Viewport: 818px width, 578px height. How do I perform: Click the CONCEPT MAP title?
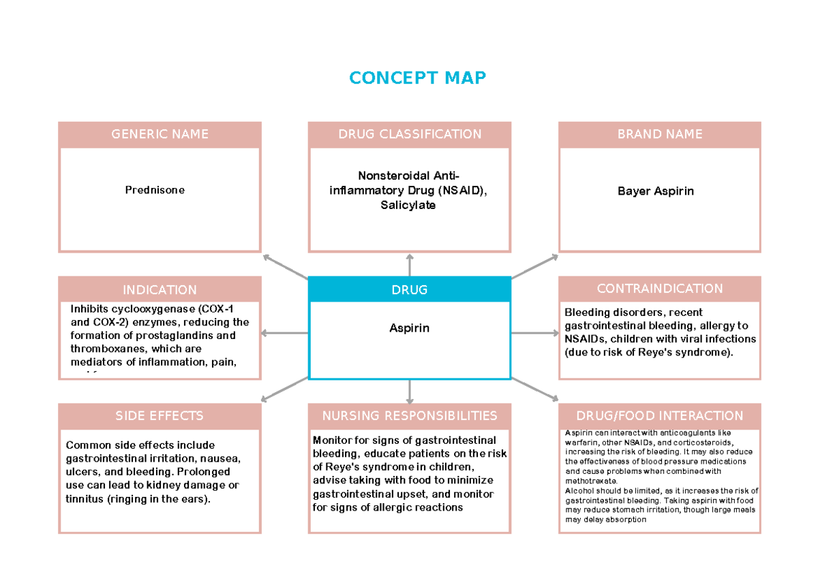coord(417,78)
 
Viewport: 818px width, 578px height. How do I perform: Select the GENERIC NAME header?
coord(160,134)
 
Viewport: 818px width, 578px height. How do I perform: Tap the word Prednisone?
coord(155,190)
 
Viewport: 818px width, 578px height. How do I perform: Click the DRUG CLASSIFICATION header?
coord(410,134)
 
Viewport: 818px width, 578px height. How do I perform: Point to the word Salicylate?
coord(408,205)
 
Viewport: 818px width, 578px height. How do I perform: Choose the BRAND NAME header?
coord(659,134)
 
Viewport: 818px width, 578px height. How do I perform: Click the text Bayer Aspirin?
coord(655,191)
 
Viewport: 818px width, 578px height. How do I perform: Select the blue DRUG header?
coord(409,289)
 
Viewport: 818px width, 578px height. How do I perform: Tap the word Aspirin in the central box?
coord(409,328)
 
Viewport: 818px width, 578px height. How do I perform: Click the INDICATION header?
coord(160,289)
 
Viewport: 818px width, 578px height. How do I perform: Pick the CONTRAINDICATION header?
coord(659,289)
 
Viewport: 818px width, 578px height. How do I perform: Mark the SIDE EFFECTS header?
coord(160,415)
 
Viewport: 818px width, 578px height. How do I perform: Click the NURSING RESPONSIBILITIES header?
coord(410,415)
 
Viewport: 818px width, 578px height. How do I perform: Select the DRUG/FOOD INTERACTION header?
coord(659,415)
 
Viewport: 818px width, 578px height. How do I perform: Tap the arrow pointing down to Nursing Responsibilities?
coord(410,391)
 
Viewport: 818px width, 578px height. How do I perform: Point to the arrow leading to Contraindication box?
coord(534,333)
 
